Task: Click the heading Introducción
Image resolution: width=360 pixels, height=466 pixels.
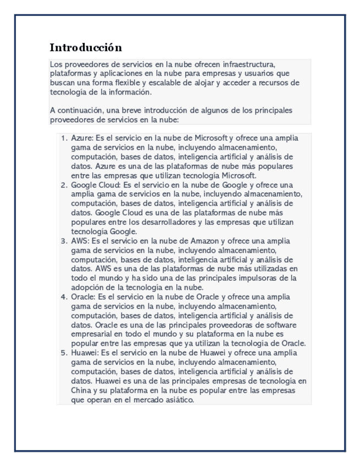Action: point(85,47)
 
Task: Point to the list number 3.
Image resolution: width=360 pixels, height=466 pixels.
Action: point(63,241)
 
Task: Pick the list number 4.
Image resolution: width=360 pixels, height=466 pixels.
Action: point(63,297)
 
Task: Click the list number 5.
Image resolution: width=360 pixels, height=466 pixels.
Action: point(63,353)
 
